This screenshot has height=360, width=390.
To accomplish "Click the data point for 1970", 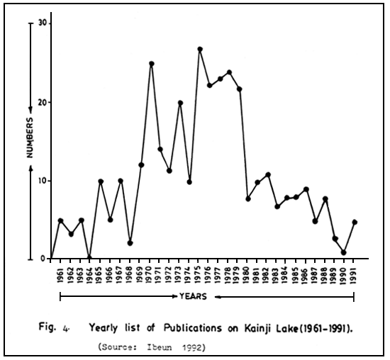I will [x=151, y=64].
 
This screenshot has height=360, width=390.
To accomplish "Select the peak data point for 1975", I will [x=200, y=50].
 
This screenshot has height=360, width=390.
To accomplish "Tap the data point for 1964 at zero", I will [x=89, y=258].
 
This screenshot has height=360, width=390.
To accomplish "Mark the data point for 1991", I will [x=354, y=223].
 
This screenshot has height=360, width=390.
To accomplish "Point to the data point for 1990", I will [x=344, y=252].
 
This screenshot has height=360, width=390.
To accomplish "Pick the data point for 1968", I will [x=130, y=242].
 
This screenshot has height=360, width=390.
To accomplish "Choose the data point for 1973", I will [x=180, y=103].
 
